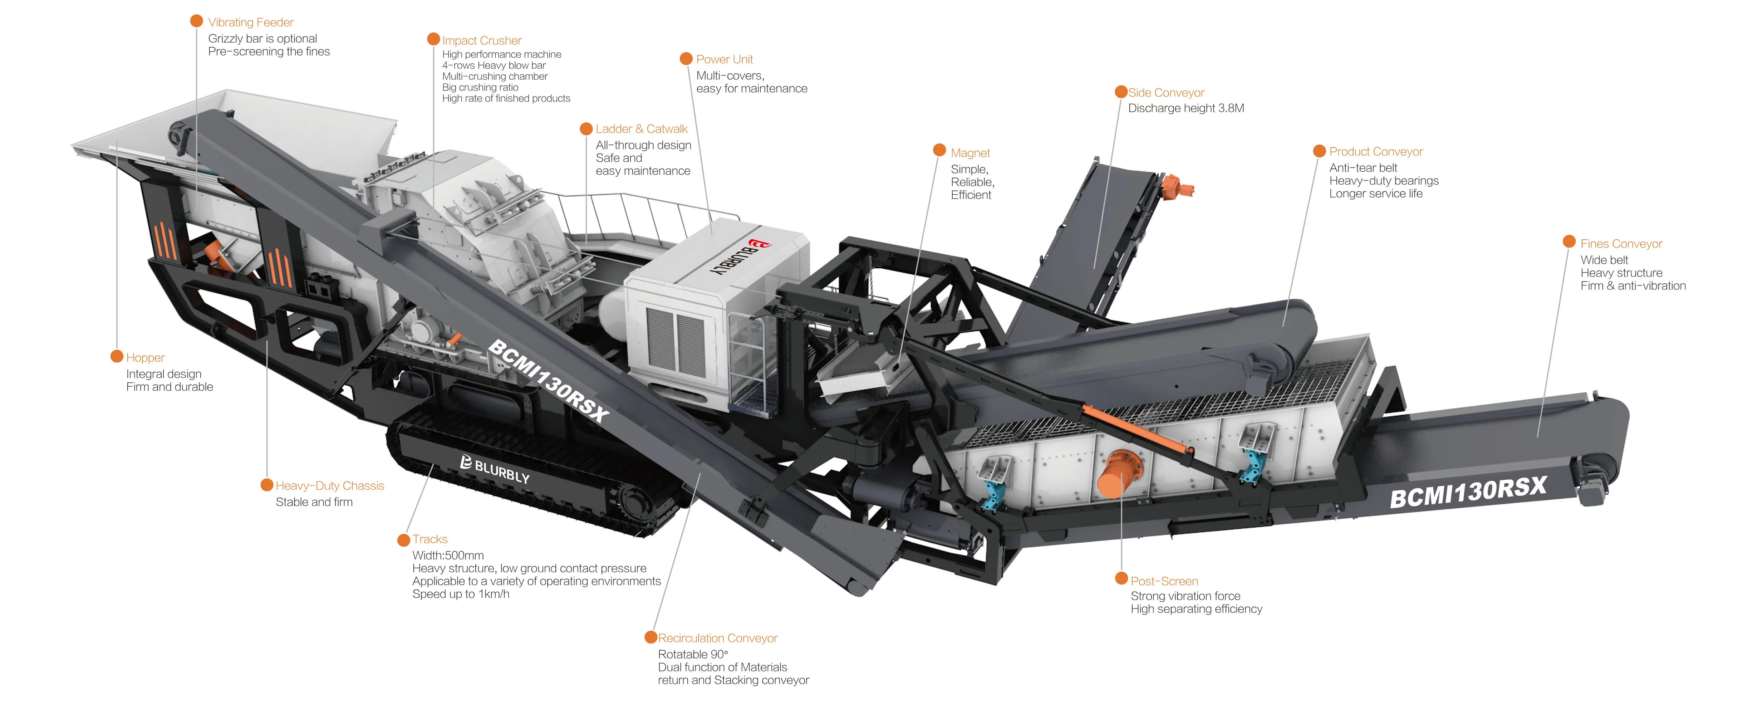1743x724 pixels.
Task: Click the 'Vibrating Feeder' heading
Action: tap(250, 22)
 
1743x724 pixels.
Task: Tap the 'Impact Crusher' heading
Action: tap(482, 40)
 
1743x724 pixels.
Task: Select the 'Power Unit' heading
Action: tap(724, 59)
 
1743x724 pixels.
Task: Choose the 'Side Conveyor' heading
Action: tap(1166, 93)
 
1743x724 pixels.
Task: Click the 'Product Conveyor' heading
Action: tap(1376, 152)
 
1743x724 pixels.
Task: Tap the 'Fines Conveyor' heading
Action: tap(1621, 244)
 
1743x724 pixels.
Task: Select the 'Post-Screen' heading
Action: tap(1164, 581)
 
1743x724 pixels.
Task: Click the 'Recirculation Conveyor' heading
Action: tap(717, 638)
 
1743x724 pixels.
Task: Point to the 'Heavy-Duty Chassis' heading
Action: tap(329, 486)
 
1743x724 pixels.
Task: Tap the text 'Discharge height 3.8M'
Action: tap(1185, 108)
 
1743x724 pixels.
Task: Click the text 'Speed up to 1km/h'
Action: tap(461, 594)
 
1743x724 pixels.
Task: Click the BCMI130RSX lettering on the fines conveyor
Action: tap(1468, 492)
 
